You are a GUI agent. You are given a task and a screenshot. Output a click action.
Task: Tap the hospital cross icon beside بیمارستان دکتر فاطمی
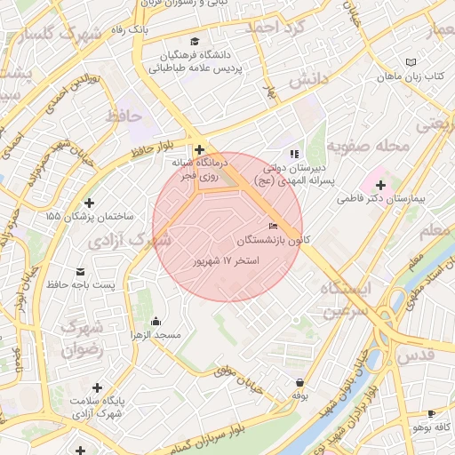tap(381, 185)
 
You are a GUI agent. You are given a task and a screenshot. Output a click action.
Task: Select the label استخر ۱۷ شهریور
tap(226, 261)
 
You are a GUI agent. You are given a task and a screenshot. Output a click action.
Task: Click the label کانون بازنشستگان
tap(274, 240)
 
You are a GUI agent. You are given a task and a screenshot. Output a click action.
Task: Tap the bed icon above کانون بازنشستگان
tap(273, 226)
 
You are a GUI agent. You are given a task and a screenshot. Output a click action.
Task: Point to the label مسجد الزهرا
tap(156, 335)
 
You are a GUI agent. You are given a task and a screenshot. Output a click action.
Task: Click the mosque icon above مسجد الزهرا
tap(156, 321)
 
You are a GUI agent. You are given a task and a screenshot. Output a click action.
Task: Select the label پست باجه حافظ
tap(82, 284)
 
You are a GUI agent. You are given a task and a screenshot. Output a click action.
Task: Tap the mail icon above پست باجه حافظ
tap(82, 271)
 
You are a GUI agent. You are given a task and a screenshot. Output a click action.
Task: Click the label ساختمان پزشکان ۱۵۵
tap(89, 216)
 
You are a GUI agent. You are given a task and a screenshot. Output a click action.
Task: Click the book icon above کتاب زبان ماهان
tap(410, 62)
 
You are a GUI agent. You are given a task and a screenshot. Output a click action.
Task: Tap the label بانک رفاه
tap(130, 29)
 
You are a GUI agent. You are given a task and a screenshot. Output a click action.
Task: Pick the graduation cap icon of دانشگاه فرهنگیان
tap(196, 42)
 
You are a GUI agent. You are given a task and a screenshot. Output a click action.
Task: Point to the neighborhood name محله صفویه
tap(368, 144)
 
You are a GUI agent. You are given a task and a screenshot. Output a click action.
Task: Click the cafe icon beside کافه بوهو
tap(432, 413)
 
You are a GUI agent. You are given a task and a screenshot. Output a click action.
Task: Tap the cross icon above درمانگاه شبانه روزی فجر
tap(199, 150)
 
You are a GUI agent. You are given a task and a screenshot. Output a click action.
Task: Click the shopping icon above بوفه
tap(299, 382)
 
